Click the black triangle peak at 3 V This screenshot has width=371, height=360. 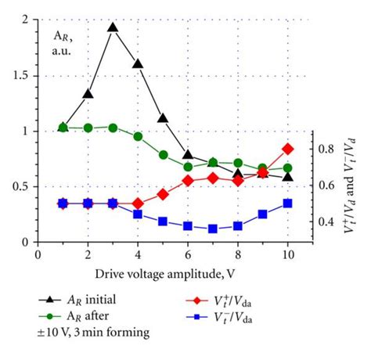113,27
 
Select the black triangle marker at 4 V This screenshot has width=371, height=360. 138,64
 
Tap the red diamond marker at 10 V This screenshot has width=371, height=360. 288,149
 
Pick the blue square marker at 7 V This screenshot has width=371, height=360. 213,229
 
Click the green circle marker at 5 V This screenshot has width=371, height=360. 163,155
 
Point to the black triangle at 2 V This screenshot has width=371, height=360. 88,94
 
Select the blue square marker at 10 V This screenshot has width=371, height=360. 288,203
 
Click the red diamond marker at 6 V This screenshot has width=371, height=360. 188,181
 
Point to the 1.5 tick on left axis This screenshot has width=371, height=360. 23,76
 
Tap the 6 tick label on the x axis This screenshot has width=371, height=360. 188,254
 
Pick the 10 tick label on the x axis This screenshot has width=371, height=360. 288,254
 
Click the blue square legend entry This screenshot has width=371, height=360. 235,317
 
